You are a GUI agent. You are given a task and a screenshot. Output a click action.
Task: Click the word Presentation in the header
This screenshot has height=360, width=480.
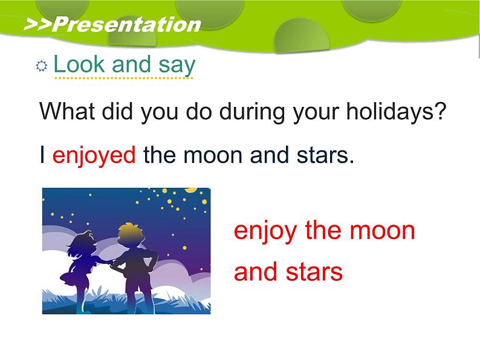tap(127, 25)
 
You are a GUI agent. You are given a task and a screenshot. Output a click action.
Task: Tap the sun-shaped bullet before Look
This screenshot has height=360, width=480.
tap(42, 66)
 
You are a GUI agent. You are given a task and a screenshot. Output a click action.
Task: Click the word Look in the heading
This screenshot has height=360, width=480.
tap(79, 64)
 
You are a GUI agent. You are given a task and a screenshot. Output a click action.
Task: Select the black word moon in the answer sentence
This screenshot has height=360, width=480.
tap(213, 155)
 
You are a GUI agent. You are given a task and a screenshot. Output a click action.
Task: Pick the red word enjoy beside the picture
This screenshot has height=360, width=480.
tap(265, 231)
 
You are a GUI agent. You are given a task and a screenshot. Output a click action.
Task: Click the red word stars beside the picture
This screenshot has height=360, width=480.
tap(314, 272)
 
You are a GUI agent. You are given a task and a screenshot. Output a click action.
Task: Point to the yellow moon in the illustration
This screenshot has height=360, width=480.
tap(191, 190)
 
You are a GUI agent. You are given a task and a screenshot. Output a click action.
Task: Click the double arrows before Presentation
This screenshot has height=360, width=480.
tap(38, 25)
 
